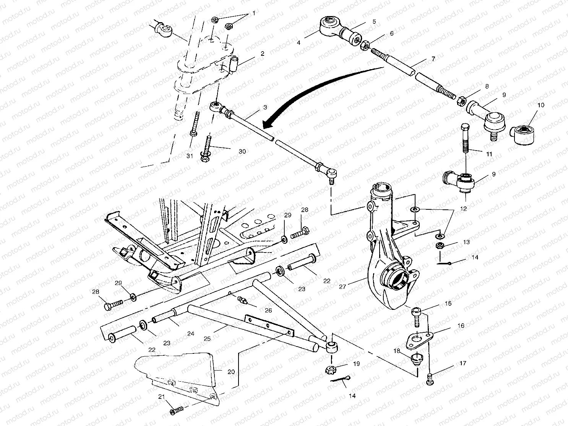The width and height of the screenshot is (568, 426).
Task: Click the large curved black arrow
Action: (x=313, y=92)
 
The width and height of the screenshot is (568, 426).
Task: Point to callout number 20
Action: (x=231, y=371)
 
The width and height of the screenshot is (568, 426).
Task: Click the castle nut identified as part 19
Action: (x=331, y=369)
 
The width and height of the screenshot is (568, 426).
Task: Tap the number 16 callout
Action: (x=461, y=326)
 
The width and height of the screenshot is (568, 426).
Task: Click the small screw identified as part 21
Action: (x=176, y=411)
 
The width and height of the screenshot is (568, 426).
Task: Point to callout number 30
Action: (x=242, y=151)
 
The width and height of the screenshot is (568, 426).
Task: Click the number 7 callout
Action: (x=433, y=59)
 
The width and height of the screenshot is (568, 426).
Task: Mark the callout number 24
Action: (x=190, y=334)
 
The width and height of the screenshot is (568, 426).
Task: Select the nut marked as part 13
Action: (x=440, y=246)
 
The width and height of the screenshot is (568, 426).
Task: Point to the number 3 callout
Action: (x=265, y=108)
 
